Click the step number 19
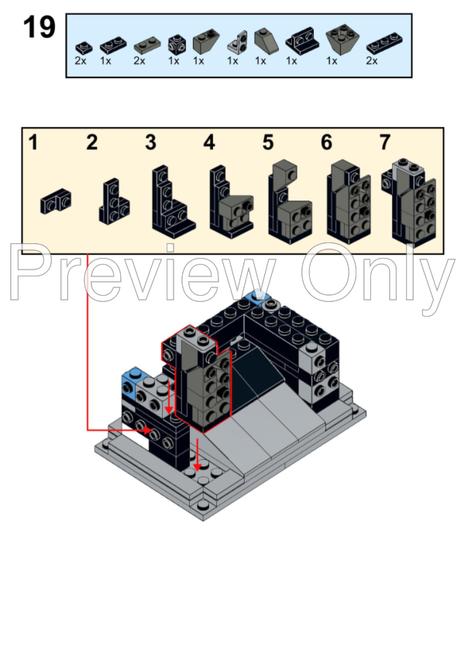coord(40,28)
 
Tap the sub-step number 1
coord(33,142)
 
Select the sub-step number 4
coord(208,142)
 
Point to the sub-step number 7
coord(385,142)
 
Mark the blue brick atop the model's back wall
coord(256,300)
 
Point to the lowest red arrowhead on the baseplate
coord(198,466)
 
